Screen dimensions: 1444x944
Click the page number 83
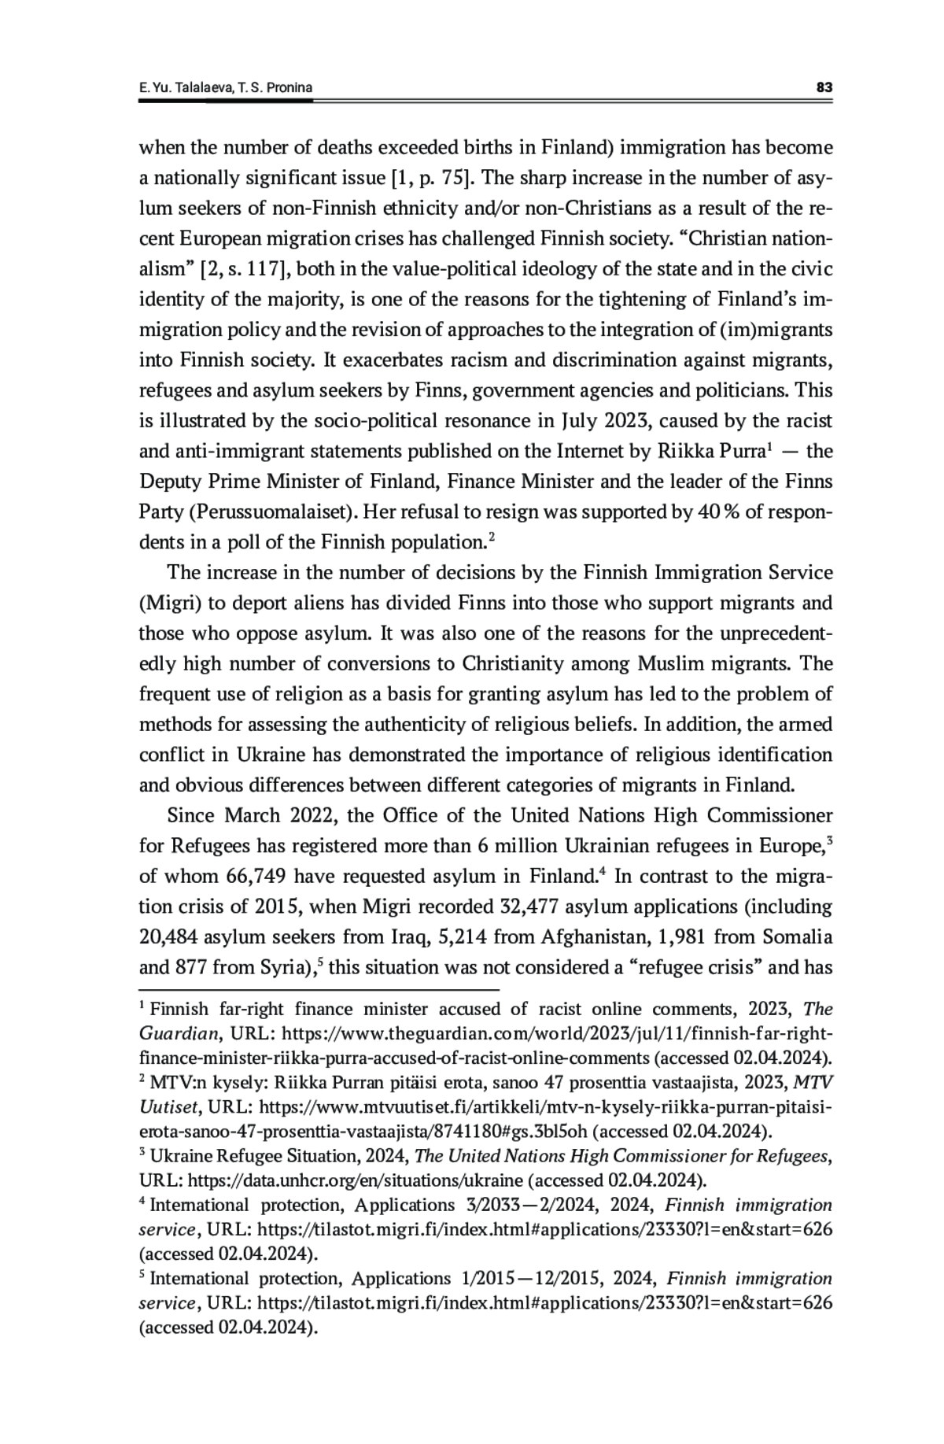tap(824, 87)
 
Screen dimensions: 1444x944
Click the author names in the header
tap(226, 87)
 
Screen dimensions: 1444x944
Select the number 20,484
tap(168, 938)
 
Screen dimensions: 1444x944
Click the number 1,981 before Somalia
tap(693, 938)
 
